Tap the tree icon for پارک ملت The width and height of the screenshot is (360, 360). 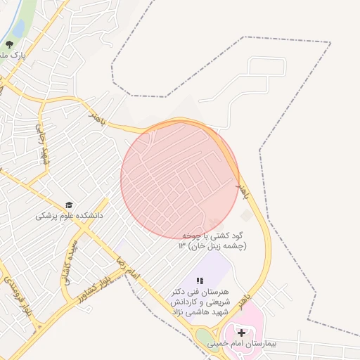(x=8, y=44)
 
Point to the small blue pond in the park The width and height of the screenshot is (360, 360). (x=18, y=27)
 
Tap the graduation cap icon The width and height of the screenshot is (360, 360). (x=68, y=205)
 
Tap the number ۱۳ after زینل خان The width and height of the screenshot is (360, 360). (x=182, y=245)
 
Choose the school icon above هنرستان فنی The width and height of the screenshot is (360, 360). (x=199, y=281)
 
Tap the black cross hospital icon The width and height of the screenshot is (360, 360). (x=242, y=332)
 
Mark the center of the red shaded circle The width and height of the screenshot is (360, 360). (x=180, y=179)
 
